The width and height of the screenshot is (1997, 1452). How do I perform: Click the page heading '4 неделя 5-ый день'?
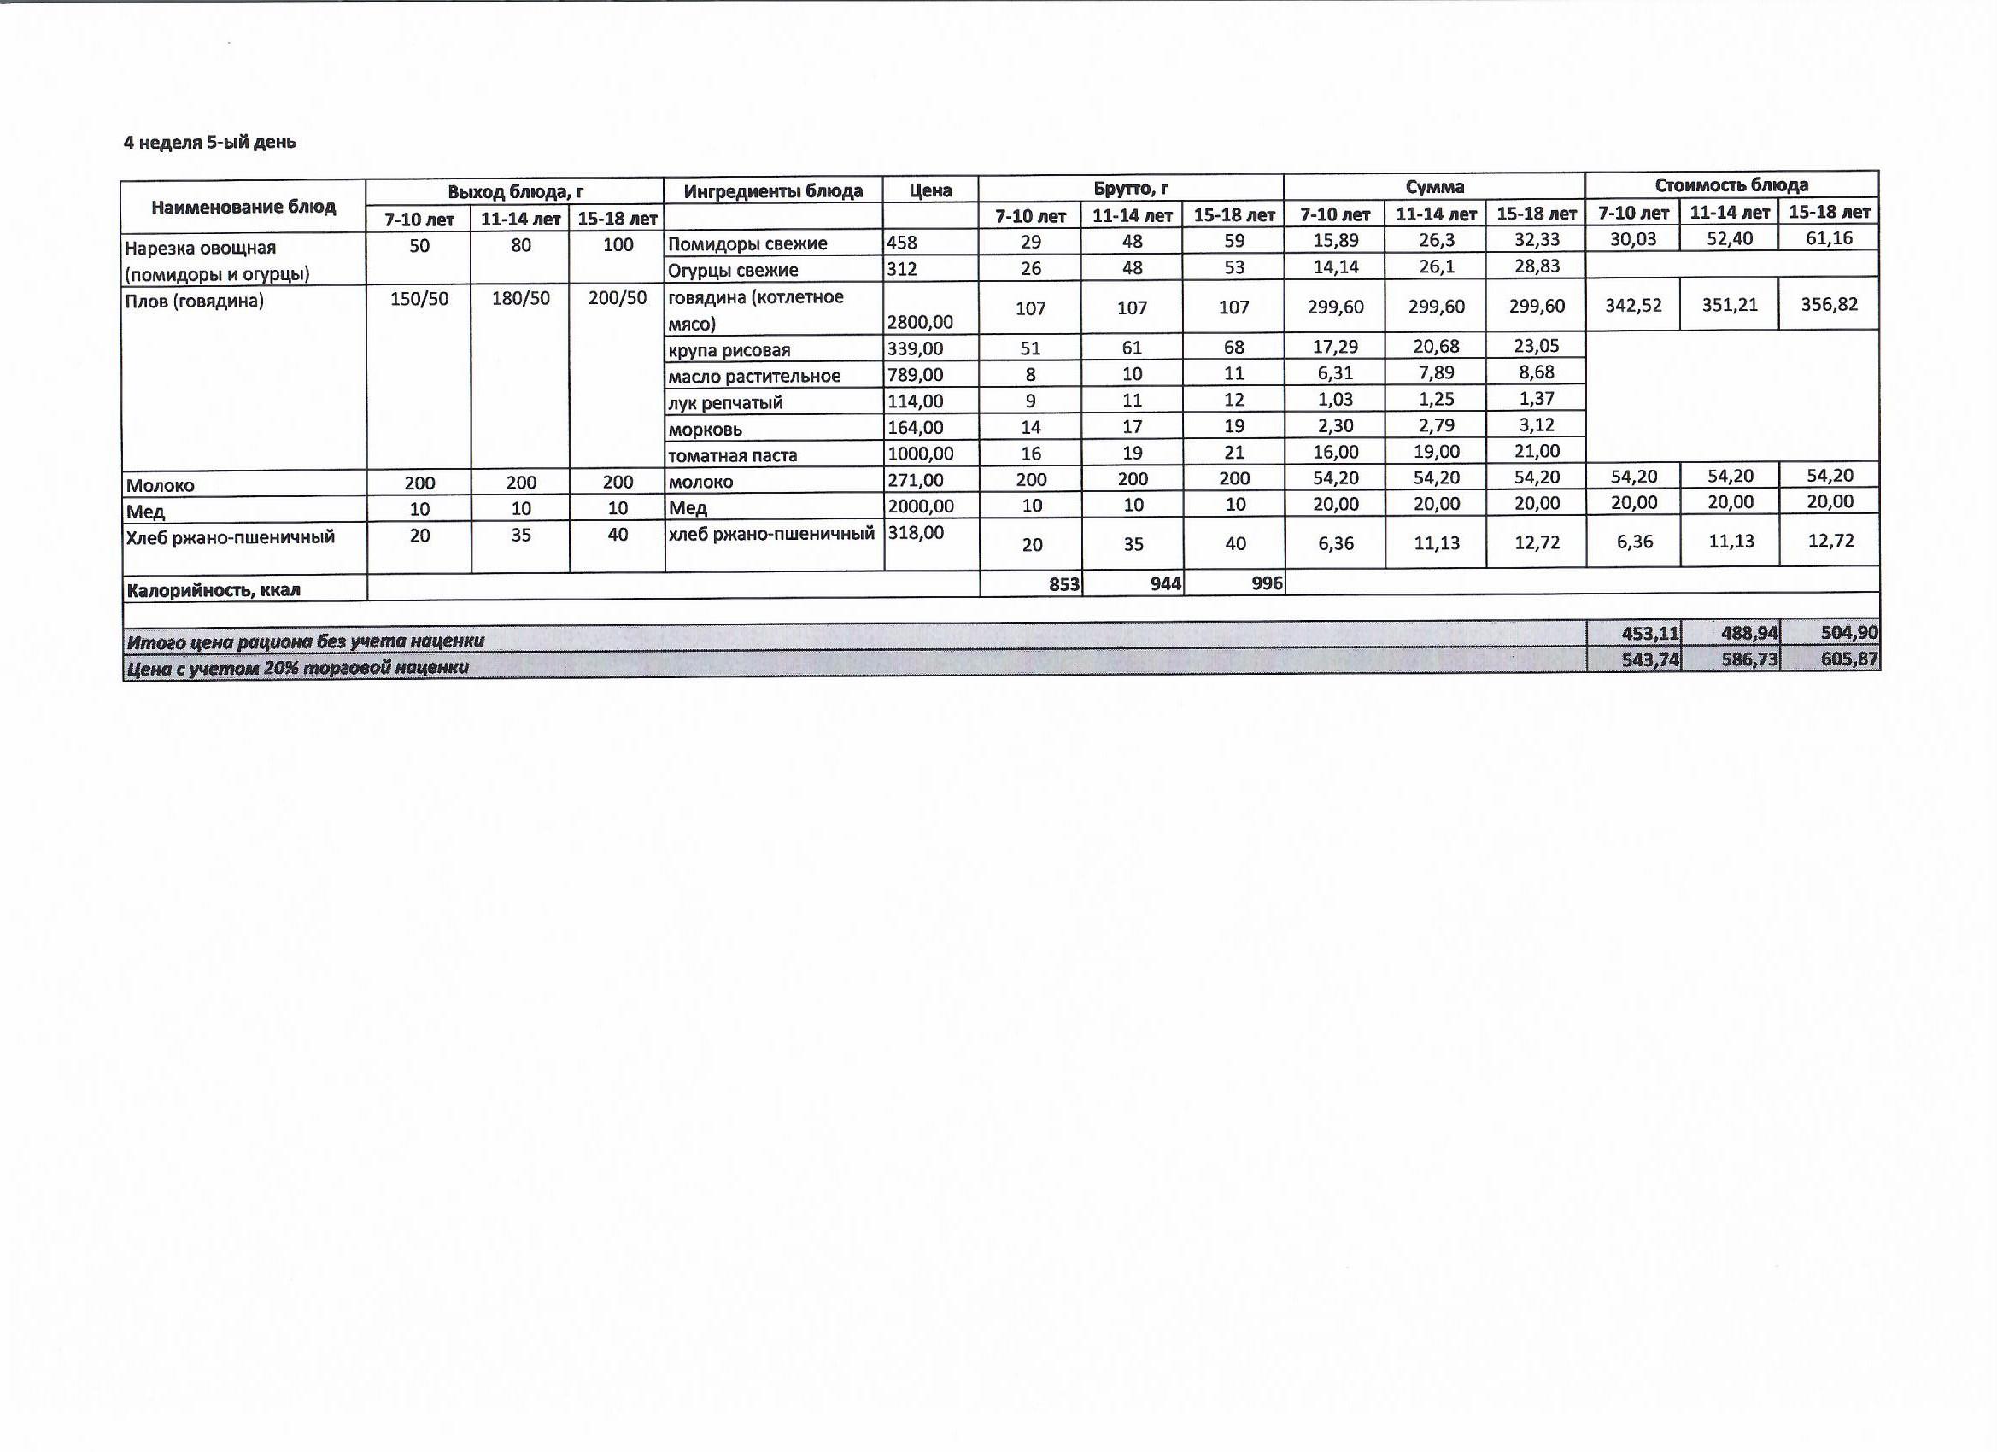click(209, 143)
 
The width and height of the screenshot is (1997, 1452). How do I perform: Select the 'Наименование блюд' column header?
click(243, 207)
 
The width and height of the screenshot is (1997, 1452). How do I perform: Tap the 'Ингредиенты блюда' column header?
click(773, 191)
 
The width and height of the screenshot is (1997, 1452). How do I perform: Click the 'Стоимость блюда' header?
click(1731, 184)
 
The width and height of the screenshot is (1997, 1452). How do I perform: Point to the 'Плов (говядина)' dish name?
click(195, 302)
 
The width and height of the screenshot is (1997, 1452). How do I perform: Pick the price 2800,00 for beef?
click(919, 323)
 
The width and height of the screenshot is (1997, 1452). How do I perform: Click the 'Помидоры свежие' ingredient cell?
click(747, 244)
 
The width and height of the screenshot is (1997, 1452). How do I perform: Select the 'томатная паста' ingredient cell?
click(733, 455)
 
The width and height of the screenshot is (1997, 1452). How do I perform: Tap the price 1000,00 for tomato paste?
click(920, 454)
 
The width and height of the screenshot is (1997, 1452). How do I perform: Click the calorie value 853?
click(1063, 584)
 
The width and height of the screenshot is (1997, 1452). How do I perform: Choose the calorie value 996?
click(1266, 583)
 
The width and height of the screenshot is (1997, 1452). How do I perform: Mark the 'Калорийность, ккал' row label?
click(213, 590)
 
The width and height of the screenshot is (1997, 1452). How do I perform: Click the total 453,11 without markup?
click(1650, 633)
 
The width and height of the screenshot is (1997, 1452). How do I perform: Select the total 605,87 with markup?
click(1849, 659)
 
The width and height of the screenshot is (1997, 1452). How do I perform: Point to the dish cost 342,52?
click(1634, 305)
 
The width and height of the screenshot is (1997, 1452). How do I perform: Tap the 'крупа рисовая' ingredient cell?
click(729, 349)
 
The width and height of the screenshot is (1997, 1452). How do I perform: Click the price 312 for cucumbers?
click(902, 269)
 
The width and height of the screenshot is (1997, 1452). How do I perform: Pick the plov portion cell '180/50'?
click(520, 298)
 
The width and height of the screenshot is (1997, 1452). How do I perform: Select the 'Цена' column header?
click(930, 191)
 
